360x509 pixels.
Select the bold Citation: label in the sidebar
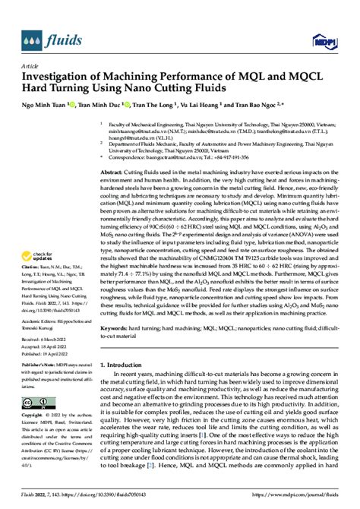coord(31,248)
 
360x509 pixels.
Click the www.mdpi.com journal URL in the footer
coord(298,502)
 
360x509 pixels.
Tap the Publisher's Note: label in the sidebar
coord(39,363)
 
